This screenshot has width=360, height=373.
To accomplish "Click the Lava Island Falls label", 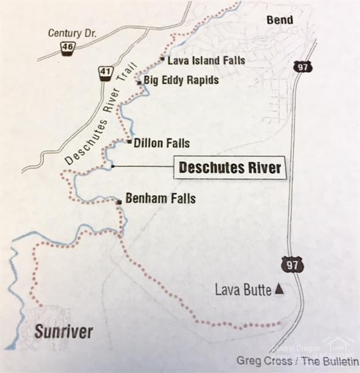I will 206,60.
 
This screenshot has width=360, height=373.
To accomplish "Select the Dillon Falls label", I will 162,142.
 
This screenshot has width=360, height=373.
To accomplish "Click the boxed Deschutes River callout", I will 230,168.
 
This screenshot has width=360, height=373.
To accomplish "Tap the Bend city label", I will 279,20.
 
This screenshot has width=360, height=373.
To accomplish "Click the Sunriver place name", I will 63,332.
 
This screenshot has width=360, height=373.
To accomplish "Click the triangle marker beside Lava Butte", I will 279,288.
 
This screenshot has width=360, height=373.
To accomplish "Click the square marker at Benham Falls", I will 119,202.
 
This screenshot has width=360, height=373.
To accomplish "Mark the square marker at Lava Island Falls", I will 162,59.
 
